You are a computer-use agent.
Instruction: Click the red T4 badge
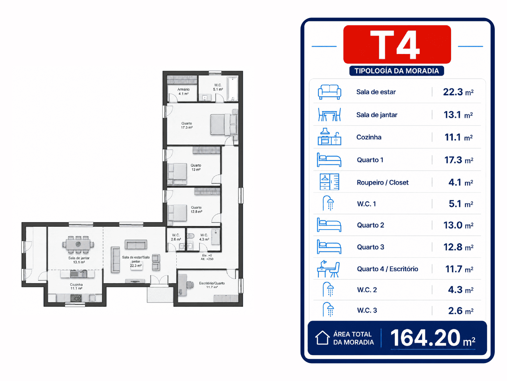(397, 45)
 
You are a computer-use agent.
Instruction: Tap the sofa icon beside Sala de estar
(329, 92)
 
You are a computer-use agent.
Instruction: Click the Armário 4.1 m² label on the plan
(183, 91)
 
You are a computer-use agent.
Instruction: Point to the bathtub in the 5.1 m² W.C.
(233, 89)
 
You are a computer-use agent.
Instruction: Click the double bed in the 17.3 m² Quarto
(224, 125)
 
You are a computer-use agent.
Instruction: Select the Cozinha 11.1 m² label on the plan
(76, 286)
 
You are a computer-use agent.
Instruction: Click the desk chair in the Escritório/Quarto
(190, 285)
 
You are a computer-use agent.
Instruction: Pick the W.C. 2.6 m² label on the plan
(176, 237)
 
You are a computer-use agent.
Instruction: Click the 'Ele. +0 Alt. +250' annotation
(207, 257)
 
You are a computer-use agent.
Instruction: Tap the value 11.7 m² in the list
(459, 269)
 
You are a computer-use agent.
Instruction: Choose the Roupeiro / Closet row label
(382, 183)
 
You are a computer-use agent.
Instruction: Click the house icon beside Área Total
(322, 338)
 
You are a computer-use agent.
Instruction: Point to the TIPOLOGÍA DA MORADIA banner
(396, 71)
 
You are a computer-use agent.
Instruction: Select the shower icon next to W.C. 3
(328, 309)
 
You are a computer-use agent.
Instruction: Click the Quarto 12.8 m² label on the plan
(196, 210)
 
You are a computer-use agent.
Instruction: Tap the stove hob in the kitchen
(76, 298)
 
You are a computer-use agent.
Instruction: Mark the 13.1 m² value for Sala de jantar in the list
(458, 115)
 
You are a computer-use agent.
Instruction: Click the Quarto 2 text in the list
(371, 225)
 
